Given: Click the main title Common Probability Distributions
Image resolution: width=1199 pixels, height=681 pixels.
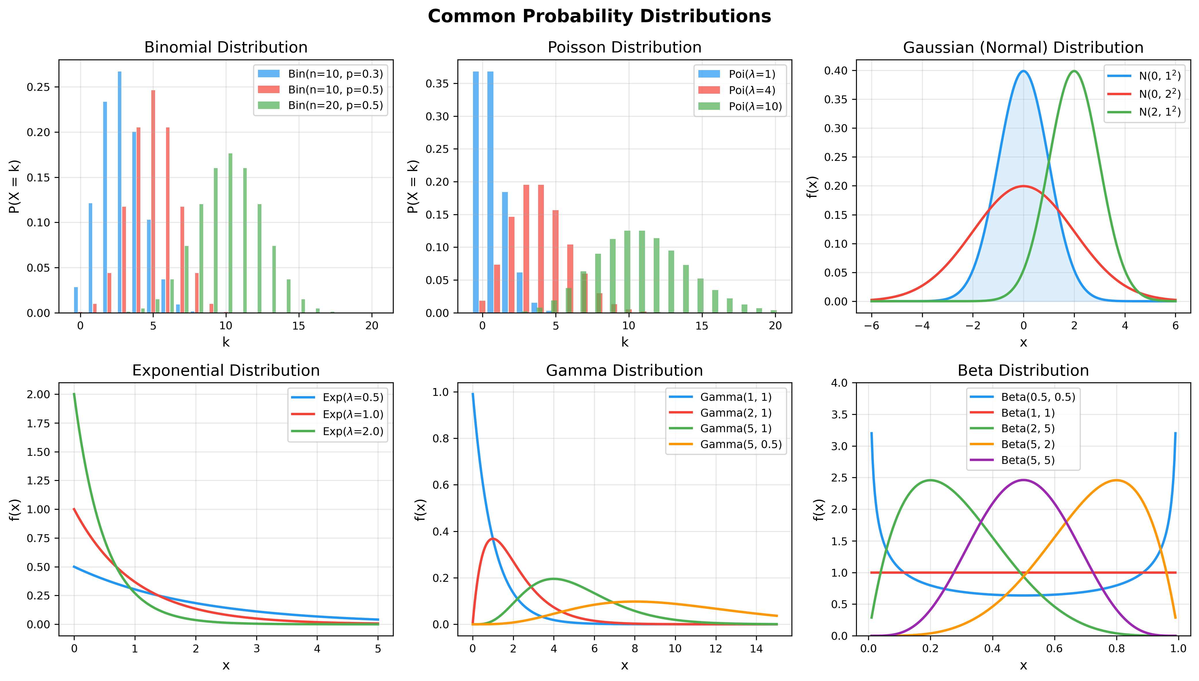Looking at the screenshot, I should (599, 16).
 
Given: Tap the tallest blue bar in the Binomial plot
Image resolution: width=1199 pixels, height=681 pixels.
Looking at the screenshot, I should (120, 192).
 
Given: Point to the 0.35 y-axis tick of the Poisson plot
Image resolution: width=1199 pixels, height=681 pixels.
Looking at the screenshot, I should (437, 84).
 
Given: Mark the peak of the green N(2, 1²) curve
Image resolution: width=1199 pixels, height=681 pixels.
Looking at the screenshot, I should (1074, 71).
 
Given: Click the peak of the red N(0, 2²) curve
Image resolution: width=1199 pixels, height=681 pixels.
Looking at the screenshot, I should (1023, 186).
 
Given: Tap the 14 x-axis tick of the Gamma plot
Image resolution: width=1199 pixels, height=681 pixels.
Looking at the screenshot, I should (756, 649).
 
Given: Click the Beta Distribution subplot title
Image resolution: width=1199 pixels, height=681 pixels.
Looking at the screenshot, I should (1023, 370).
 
